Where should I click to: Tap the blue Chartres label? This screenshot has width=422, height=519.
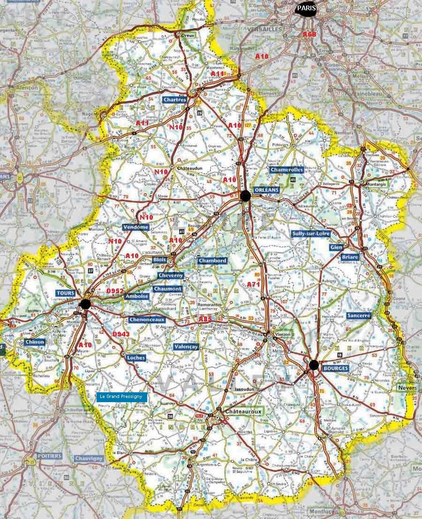click(175, 100)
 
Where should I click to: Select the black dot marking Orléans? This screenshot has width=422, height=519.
click(245, 196)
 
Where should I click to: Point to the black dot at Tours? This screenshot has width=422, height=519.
click(85, 304)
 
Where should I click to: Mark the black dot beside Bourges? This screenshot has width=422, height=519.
click(314, 365)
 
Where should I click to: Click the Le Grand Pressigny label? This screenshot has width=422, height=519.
click(122, 397)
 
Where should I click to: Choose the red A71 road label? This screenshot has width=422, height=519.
click(253, 285)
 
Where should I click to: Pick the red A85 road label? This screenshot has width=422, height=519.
click(205, 319)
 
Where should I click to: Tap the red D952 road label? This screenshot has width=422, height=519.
click(115, 291)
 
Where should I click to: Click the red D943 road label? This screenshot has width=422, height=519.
click(121, 334)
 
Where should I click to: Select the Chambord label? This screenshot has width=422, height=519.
click(212, 260)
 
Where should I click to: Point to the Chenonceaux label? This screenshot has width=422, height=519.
click(147, 320)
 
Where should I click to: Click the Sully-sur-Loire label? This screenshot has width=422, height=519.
click(310, 234)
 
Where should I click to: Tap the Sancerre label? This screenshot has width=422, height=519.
click(359, 316)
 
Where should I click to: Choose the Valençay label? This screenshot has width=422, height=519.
click(186, 347)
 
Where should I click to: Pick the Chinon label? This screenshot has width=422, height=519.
click(35, 342)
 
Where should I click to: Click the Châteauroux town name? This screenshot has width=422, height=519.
click(243, 411)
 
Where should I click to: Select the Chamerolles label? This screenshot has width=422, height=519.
click(286, 170)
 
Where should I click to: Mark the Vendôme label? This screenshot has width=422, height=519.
click(136, 227)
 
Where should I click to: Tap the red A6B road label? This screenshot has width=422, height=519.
click(309, 34)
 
